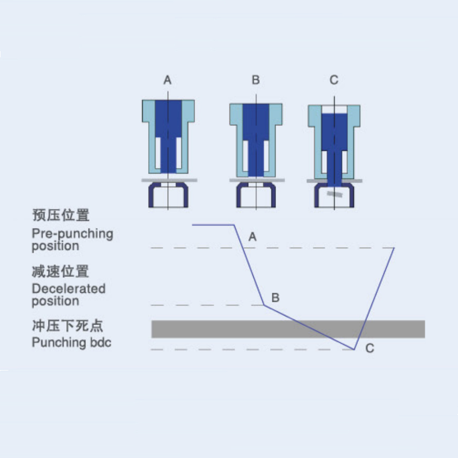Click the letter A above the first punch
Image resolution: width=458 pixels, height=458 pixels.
click(x=167, y=80)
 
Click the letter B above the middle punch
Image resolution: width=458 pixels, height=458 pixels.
click(x=256, y=80)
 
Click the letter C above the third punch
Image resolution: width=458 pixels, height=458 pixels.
click(x=334, y=80)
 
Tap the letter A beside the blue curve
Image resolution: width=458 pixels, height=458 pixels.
click(x=253, y=237)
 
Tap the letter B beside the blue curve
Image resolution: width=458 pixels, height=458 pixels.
click(x=276, y=298)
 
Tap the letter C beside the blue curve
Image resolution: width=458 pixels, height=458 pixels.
click(x=370, y=348)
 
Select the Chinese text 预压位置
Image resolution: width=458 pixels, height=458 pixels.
click(x=61, y=215)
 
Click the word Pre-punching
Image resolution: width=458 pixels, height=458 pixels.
click(x=72, y=234)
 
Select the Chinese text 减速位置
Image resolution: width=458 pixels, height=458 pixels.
click(x=60, y=271)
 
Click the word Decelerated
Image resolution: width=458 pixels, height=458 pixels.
click(x=69, y=289)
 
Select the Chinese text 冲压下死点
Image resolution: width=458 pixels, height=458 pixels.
click(x=67, y=326)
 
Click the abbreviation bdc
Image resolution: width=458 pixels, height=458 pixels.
click(x=101, y=342)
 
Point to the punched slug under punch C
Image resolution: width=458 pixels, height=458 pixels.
click(x=335, y=194)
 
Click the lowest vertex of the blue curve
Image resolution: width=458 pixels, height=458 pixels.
click(x=354, y=349)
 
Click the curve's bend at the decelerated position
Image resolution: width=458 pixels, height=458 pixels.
click(x=264, y=305)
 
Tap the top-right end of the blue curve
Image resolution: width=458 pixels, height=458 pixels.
click(x=394, y=248)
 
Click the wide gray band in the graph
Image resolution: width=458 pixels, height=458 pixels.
click(x=288, y=329)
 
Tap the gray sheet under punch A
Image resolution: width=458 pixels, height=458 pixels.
click(x=169, y=180)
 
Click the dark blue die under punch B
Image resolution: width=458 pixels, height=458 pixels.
click(x=256, y=195)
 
